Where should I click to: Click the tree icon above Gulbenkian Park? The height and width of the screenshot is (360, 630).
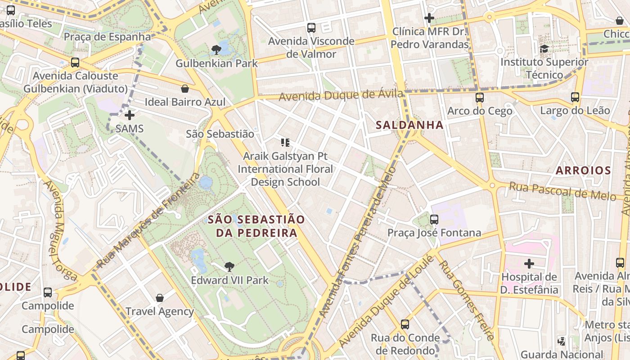[216, 50]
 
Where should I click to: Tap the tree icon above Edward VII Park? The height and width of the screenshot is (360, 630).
[229, 266]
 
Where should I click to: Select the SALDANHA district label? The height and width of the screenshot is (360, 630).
[409, 125]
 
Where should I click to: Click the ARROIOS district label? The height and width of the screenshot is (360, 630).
[583, 171]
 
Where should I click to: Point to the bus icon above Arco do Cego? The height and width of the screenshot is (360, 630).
[480, 97]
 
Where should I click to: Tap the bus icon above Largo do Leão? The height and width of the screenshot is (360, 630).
[575, 97]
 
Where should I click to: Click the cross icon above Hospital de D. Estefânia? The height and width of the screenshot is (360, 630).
[529, 263]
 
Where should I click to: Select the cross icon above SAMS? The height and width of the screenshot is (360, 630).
[130, 115]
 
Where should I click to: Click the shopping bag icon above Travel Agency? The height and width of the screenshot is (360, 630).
[159, 298]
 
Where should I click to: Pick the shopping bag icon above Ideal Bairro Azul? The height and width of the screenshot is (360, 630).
[184, 89]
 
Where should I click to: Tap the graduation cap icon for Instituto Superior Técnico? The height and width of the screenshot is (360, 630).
[544, 49]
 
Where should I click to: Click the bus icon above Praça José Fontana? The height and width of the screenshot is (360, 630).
[434, 220]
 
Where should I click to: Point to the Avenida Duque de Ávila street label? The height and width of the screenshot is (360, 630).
[341, 95]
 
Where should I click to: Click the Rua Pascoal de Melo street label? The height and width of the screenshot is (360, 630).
[562, 191]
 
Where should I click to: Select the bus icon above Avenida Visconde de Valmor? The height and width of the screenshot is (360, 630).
[311, 28]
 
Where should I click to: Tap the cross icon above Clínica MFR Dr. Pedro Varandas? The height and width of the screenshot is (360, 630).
[429, 18]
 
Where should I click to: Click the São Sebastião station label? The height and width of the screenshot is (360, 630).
[220, 134]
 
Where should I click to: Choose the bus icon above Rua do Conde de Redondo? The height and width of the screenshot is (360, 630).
[405, 324]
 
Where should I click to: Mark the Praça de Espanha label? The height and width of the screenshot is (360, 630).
[107, 36]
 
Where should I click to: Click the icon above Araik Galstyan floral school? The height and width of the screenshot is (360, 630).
[285, 143]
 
